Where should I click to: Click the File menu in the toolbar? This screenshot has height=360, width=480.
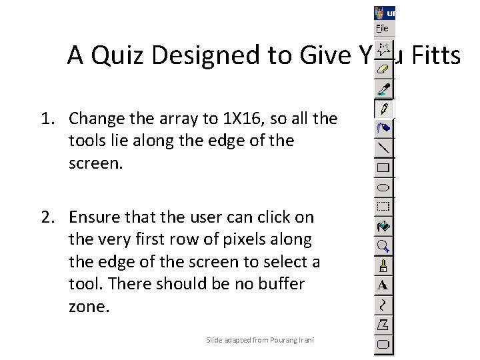pyautogui.click(x=382, y=29)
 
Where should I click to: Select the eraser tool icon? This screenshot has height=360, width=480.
pyautogui.click(x=384, y=68)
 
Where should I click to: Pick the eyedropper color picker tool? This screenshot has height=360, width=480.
pyautogui.click(x=384, y=88)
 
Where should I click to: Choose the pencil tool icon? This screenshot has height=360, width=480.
pyautogui.click(x=384, y=107)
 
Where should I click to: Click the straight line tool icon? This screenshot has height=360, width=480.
pyautogui.click(x=384, y=147)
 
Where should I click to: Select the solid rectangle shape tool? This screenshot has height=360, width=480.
pyautogui.click(x=384, y=167)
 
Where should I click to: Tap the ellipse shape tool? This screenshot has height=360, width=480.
pyautogui.click(x=384, y=187)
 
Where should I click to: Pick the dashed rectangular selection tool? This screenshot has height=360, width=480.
pyautogui.click(x=384, y=207)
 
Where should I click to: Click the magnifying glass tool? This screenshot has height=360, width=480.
pyautogui.click(x=384, y=246)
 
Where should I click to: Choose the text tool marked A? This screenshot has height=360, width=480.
pyautogui.click(x=383, y=285)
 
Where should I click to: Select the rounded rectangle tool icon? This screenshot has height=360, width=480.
pyautogui.click(x=384, y=345)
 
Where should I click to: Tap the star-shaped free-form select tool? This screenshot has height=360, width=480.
pyautogui.click(x=384, y=49)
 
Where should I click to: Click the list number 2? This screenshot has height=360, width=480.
pyautogui.click(x=45, y=217)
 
